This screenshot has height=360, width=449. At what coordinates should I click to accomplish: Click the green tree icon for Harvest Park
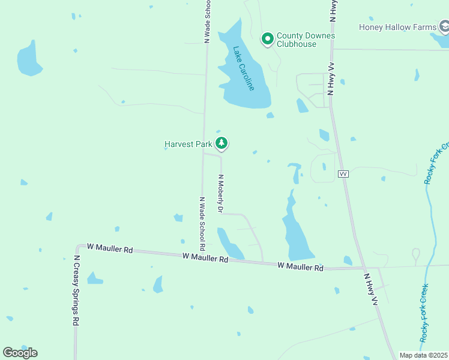click(223, 143)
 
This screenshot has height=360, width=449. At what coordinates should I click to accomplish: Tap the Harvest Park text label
click(188, 144)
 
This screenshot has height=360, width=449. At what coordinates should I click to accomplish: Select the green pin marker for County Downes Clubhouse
click(267, 39)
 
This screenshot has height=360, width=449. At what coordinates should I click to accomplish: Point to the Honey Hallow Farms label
click(397, 27)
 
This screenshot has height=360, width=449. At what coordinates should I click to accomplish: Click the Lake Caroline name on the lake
click(244, 68)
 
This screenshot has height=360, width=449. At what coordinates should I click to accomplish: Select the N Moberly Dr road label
click(220, 194)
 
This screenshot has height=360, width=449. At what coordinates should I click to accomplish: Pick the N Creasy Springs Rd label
click(77, 290)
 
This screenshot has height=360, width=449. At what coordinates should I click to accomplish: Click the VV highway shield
click(343, 173)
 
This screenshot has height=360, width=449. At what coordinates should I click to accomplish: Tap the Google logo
click(20, 352)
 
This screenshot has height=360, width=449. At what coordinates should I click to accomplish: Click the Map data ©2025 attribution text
click(424, 355)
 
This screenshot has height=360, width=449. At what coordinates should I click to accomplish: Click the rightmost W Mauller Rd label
click(300, 266)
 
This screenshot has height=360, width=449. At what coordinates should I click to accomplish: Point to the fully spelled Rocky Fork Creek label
click(425, 313)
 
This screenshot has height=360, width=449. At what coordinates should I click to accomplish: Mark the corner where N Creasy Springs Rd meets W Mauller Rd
click(77, 246)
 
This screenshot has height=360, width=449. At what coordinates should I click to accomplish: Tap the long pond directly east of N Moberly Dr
click(295, 230)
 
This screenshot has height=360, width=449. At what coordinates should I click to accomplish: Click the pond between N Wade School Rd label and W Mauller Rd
click(229, 243)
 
